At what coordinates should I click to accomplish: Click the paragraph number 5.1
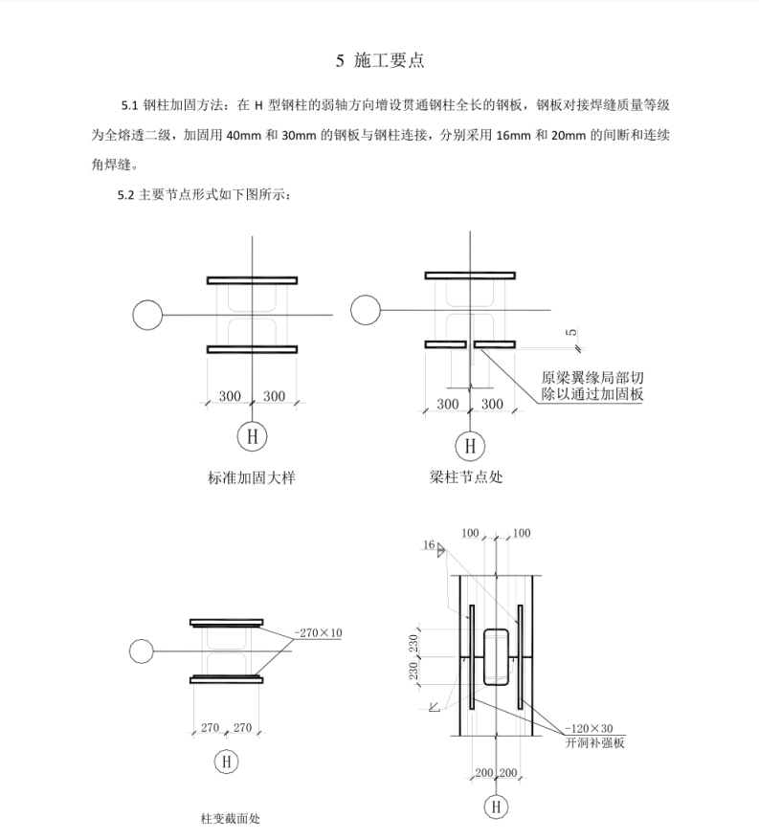tap(129, 103)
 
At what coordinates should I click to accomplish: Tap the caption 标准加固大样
tap(252, 476)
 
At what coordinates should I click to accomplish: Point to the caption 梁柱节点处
tap(466, 476)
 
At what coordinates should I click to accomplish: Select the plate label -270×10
tap(319, 632)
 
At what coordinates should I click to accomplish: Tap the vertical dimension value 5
tap(571, 332)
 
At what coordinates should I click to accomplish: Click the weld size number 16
tap(427, 544)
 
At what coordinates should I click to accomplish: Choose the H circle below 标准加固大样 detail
tap(252, 436)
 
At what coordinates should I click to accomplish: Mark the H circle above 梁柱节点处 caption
tap(469, 445)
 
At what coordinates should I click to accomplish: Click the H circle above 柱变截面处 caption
tap(226, 762)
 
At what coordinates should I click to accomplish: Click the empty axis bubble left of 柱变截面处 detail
tap(141, 651)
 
